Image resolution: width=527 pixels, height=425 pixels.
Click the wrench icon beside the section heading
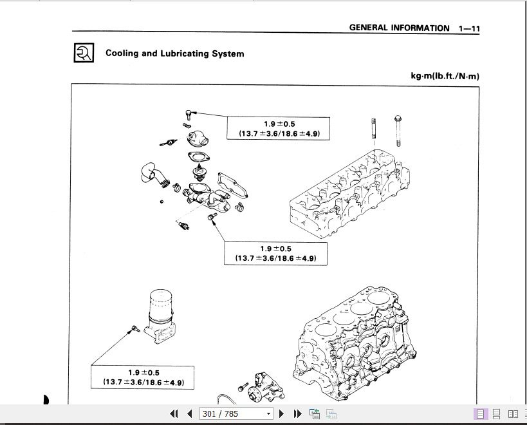tap(84, 52)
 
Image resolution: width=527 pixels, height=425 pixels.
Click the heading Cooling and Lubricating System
tap(175, 53)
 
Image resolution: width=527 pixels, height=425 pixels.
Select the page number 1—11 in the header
tap(469, 28)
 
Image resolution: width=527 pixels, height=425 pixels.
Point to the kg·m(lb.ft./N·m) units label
tap(445, 75)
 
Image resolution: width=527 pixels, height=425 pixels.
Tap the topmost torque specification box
tap(278, 128)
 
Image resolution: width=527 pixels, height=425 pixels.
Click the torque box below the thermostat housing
tap(275, 254)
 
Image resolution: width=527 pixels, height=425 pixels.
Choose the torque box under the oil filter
tap(142, 377)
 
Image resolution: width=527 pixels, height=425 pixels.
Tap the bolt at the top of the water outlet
tap(189, 115)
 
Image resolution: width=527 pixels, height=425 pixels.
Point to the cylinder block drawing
tap(355, 343)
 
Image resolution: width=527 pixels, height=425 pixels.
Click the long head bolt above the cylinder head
tap(398, 131)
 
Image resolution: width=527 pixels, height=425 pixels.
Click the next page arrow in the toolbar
tap(282, 413)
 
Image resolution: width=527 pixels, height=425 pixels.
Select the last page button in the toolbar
tap(297, 413)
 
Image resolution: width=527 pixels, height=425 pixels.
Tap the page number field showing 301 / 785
tap(236, 413)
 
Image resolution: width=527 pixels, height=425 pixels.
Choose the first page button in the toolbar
tap(174, 413)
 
